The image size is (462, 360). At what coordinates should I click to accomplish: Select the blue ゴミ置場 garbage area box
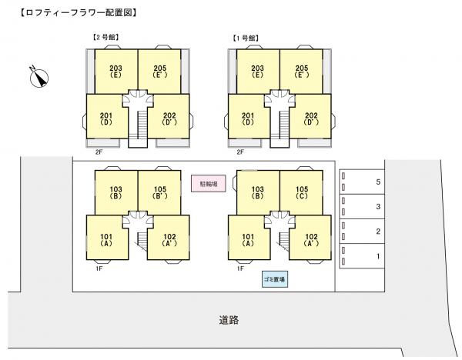pos(274,280)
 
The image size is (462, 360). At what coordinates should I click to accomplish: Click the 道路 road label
pos(227,319)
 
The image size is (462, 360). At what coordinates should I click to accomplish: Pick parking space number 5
pos(363,182)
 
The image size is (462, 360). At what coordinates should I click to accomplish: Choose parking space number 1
pos(363,255)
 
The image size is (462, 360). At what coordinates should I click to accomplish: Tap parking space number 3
pos(363,206)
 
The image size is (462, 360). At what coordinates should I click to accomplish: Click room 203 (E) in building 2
pos(116,70)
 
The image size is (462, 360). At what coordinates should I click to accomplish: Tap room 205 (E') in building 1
pos(301,70)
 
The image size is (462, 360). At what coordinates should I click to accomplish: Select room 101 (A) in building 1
pos(248,239)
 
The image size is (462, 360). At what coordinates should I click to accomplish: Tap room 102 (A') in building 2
pos(169,239)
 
